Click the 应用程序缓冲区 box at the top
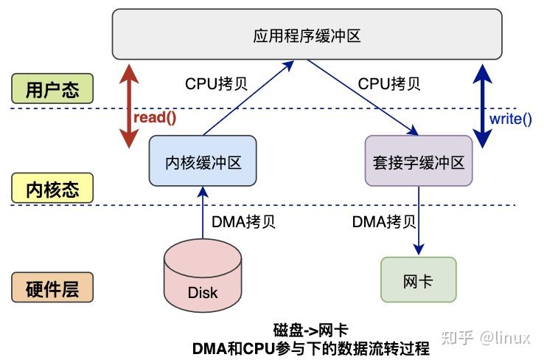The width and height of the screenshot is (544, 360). point(308,35)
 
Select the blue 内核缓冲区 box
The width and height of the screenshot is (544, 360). point(203,160)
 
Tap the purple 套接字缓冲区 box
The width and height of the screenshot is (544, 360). point(418,160)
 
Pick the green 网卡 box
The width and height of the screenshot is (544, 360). point(418,280)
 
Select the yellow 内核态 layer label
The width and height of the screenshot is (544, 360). point(52,188)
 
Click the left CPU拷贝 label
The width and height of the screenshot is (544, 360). point(216,83)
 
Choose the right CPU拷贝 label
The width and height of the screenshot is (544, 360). point(389,83)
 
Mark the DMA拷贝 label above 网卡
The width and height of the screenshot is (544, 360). point(383,221)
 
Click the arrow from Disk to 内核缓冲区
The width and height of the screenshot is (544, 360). point(203,214)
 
